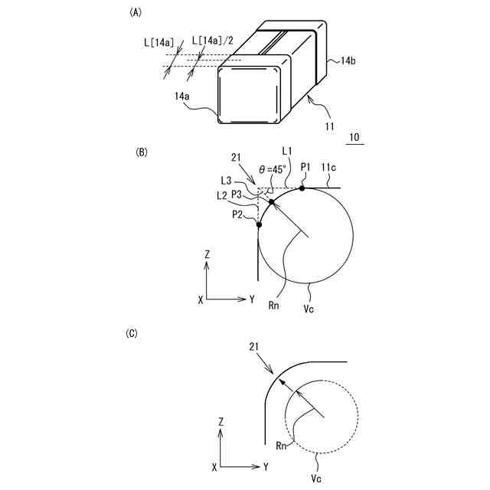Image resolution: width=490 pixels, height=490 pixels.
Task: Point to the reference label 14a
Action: click(x=182, y=97)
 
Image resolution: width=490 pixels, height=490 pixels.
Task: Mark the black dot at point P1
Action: click(x=302, y=187)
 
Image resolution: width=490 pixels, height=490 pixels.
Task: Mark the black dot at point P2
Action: click(x=259, y=225)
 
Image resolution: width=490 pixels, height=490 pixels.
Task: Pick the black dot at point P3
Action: click(x=271, y=201)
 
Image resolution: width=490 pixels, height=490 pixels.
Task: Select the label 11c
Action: click(x=330, y=166)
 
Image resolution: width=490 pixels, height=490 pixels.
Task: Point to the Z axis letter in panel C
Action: click(x=221, y=421)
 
